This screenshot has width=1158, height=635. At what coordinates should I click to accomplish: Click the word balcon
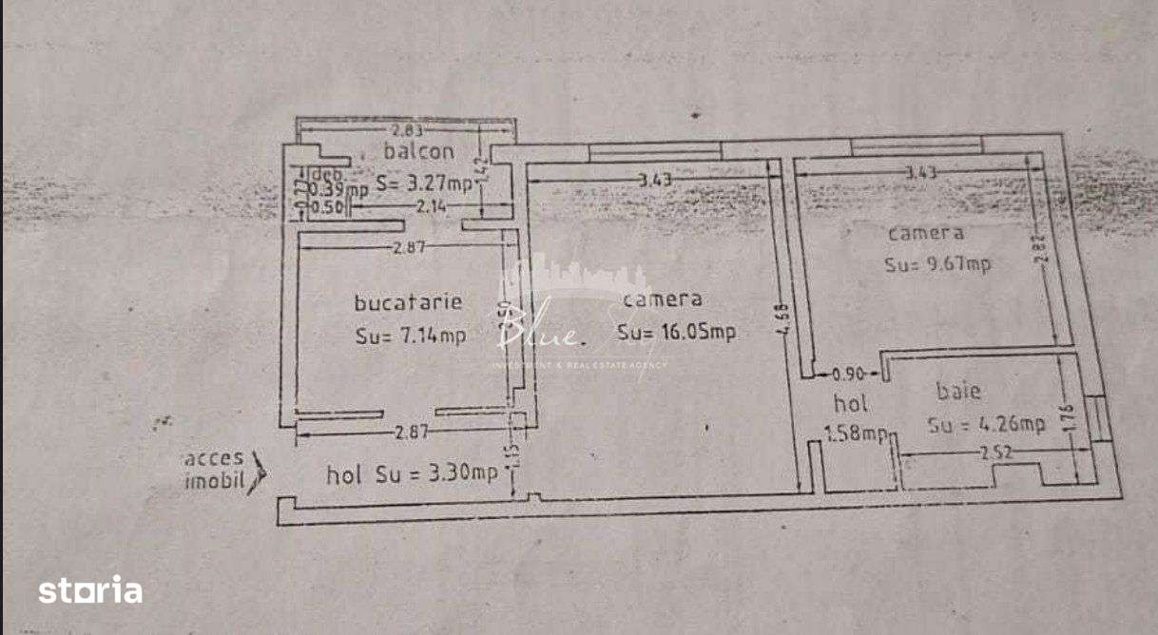418,151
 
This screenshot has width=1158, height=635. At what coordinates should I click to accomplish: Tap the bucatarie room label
408,302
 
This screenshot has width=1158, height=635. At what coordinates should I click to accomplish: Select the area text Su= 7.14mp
410,335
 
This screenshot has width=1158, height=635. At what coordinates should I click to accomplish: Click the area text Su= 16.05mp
676,333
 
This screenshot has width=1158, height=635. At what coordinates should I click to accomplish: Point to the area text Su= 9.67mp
937,264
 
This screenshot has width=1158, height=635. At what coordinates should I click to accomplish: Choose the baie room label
958,391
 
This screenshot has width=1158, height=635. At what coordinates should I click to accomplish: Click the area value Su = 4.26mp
987,425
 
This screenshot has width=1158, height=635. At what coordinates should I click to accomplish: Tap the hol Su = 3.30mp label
412,473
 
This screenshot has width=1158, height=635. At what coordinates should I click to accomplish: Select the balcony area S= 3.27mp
424,185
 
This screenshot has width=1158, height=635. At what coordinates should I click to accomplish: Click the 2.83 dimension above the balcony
405,130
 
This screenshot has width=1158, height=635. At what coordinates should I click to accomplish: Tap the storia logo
90,590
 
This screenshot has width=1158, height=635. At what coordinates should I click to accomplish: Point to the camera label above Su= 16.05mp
663,299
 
